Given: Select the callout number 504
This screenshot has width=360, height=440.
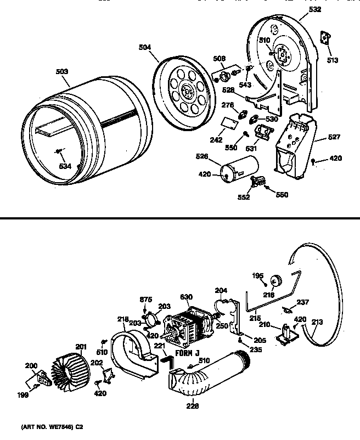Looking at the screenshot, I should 144,47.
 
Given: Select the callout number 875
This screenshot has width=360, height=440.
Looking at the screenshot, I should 145,300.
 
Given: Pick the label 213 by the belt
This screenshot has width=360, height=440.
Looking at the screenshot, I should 318,323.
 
